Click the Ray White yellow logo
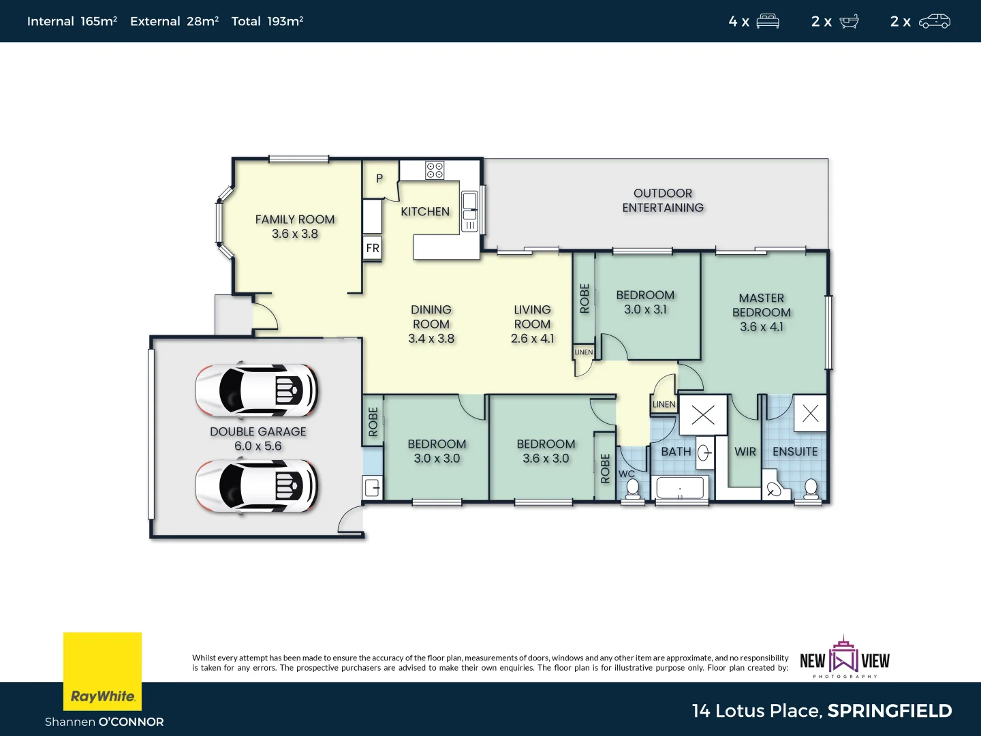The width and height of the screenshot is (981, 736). pyautogui.click(x=102, y=671)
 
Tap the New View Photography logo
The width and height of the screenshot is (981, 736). pyautogui.click(x=845, y=658)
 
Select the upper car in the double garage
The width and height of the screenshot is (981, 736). pyautogui.click(x=256, y=390)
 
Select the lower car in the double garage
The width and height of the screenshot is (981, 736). pyautogui.click(x=256, y=486)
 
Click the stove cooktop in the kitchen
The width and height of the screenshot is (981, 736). pyautogui.click(x=435, y=170)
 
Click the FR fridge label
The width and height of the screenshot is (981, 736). pyautogui.click(x=373, y=248)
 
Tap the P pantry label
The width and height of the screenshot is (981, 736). pyautogui.click(x=379, y=179)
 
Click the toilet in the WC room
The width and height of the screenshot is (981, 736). pyautogui.click(x=633, y=489)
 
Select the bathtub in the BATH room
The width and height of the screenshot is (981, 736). pyautogui.click(x=680, y=489)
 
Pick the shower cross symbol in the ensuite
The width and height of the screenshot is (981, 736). pyautogui.click(x=810, y=413)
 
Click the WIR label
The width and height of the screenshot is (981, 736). pyautogui.click(x=745, y=452)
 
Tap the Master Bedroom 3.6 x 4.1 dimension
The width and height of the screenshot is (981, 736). pyautogui.click(x=762, y=327)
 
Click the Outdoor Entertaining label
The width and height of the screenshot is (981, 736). pyautogui.click(x=663, y=200)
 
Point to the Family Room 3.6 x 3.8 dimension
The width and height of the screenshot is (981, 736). pyautogui.click(x=295, y=234)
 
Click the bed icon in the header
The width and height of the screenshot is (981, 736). pyautogui.click(x=768, y=21)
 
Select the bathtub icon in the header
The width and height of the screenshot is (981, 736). pyautogui.click(x=849, y=21)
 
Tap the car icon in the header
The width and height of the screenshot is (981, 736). pyautogui.click(x=935, y=21)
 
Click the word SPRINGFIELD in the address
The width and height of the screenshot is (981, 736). pyautogui.click(x=890, y=711)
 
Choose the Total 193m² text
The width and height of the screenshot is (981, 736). pyautogui.click(x=267, y=21)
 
